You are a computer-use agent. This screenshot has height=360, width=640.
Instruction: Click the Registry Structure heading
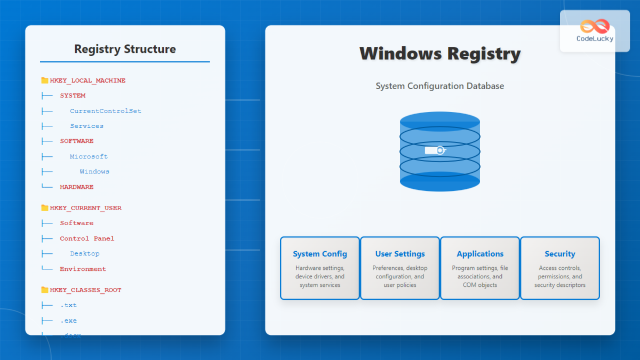coord(125,49)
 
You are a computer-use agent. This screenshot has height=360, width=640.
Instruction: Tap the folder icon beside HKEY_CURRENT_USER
coord(45,208)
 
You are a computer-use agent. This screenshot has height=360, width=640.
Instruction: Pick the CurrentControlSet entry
coord(106,111)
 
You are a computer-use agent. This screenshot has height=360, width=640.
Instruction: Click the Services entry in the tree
coord(87,126)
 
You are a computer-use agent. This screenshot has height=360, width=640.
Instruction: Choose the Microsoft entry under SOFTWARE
coord(89,157)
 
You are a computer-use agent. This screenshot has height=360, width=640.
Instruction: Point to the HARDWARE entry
coord(77,187)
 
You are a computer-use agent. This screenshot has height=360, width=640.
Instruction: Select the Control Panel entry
coord(87,238)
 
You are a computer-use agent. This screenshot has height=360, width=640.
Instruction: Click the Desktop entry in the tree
coord(85,254)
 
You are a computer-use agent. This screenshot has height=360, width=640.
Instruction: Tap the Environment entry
coord(83,269)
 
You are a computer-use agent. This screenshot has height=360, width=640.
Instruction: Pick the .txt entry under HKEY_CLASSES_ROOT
coord(68,306)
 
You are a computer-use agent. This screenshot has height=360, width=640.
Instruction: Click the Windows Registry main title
coord(440,54)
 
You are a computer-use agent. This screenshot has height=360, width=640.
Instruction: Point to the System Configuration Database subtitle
coord(440,86)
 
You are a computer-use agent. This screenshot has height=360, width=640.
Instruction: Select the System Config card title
coord(320,254)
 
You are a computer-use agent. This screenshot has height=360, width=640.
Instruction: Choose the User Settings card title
coord(400,254)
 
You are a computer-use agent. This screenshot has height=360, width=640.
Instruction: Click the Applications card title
coord(480,254)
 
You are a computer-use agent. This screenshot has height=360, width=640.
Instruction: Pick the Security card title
coord(560,254)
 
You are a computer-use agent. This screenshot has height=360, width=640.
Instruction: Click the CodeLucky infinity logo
coord(595,26)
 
